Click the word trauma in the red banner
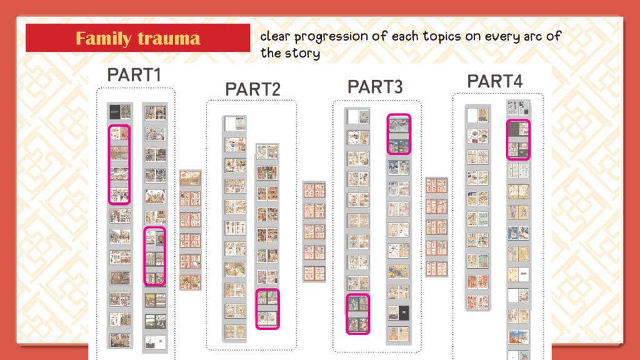(169, 39)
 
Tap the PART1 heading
(134, 75)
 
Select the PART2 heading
(253, 89)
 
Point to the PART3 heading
(375, 87)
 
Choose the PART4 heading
(495, 81)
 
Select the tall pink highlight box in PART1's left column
(109, 165)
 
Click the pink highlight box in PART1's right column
(144, 256)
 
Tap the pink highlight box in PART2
(256, 309)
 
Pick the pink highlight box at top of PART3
(387, 134)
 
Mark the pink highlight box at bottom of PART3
(346, 314)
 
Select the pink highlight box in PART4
(507, 139)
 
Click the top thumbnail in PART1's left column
(120, 112)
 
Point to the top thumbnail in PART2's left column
(236, 124)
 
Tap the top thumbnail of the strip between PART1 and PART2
(190, 178)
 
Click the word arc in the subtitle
(533, 37)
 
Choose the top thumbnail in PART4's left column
(478, 115)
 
